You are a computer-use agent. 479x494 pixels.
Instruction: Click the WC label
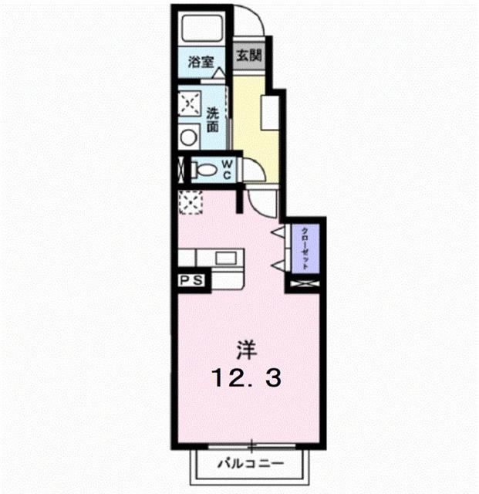[x=229, y=168]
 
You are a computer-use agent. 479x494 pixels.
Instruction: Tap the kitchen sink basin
[x=226, y=258]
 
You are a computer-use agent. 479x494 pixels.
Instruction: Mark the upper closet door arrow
[x=276, y=232]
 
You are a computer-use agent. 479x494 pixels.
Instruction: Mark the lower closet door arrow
[x=276, y=265]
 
